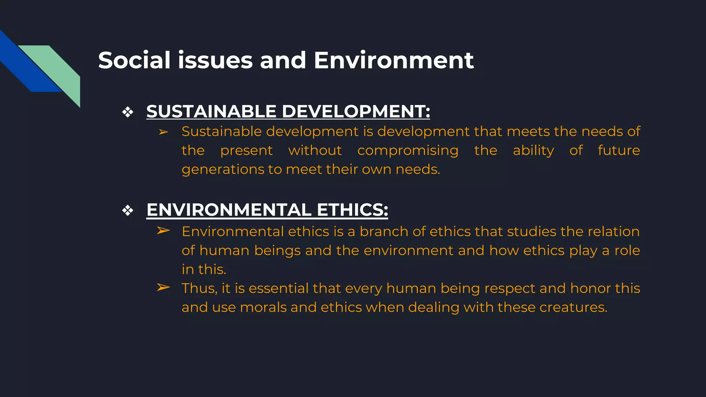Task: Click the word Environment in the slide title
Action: click(394, 60)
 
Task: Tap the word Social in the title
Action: click(134, 60)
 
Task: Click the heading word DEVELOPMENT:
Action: click(356, 111)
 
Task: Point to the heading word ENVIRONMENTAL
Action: click(229, 210)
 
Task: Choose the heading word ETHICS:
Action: click(352, 210)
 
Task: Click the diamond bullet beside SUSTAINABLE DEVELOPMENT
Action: click(128, 112)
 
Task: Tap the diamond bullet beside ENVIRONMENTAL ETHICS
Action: click(128, 210)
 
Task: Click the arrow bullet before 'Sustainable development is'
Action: click(163, 132)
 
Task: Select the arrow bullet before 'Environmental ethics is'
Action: click(163, 231)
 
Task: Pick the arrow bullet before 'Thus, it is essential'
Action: click(163, 287)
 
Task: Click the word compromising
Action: click(408, 151)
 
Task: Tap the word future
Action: click(619, 150)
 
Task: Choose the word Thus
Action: click(199, 288)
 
